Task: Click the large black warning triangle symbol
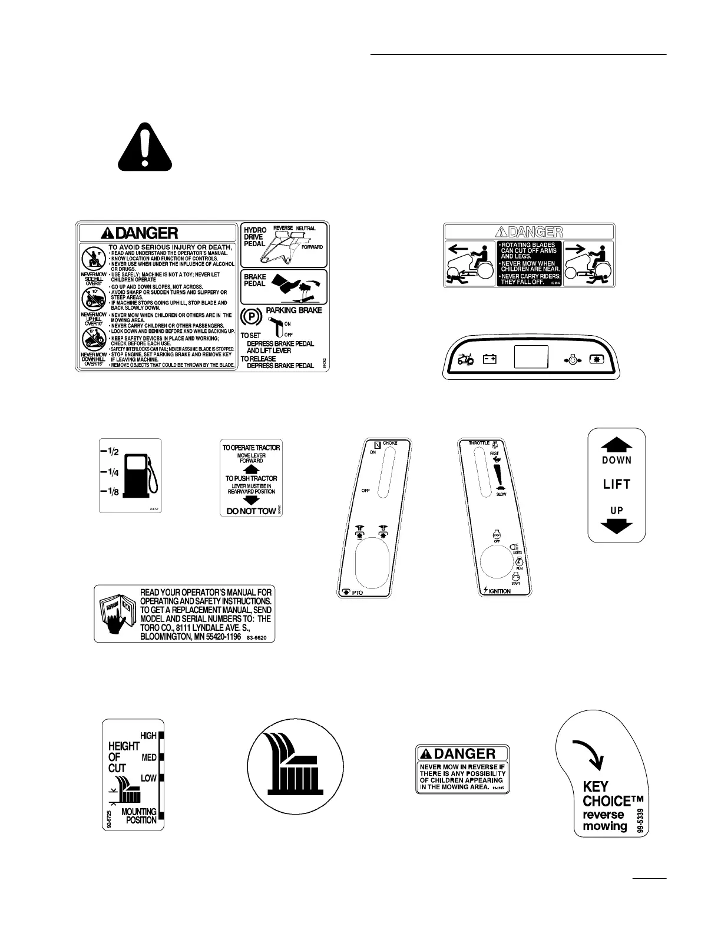(144, 146)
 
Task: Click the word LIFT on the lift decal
(617, 485)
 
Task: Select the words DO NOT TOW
(251, 511)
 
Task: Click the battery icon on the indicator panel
(490, 358)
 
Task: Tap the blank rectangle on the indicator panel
(531, 357)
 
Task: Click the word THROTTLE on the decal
(479, 443)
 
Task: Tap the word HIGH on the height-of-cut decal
(148, 736)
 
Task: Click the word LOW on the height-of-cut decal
(148, 778)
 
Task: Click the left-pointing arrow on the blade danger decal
(458, 249)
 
